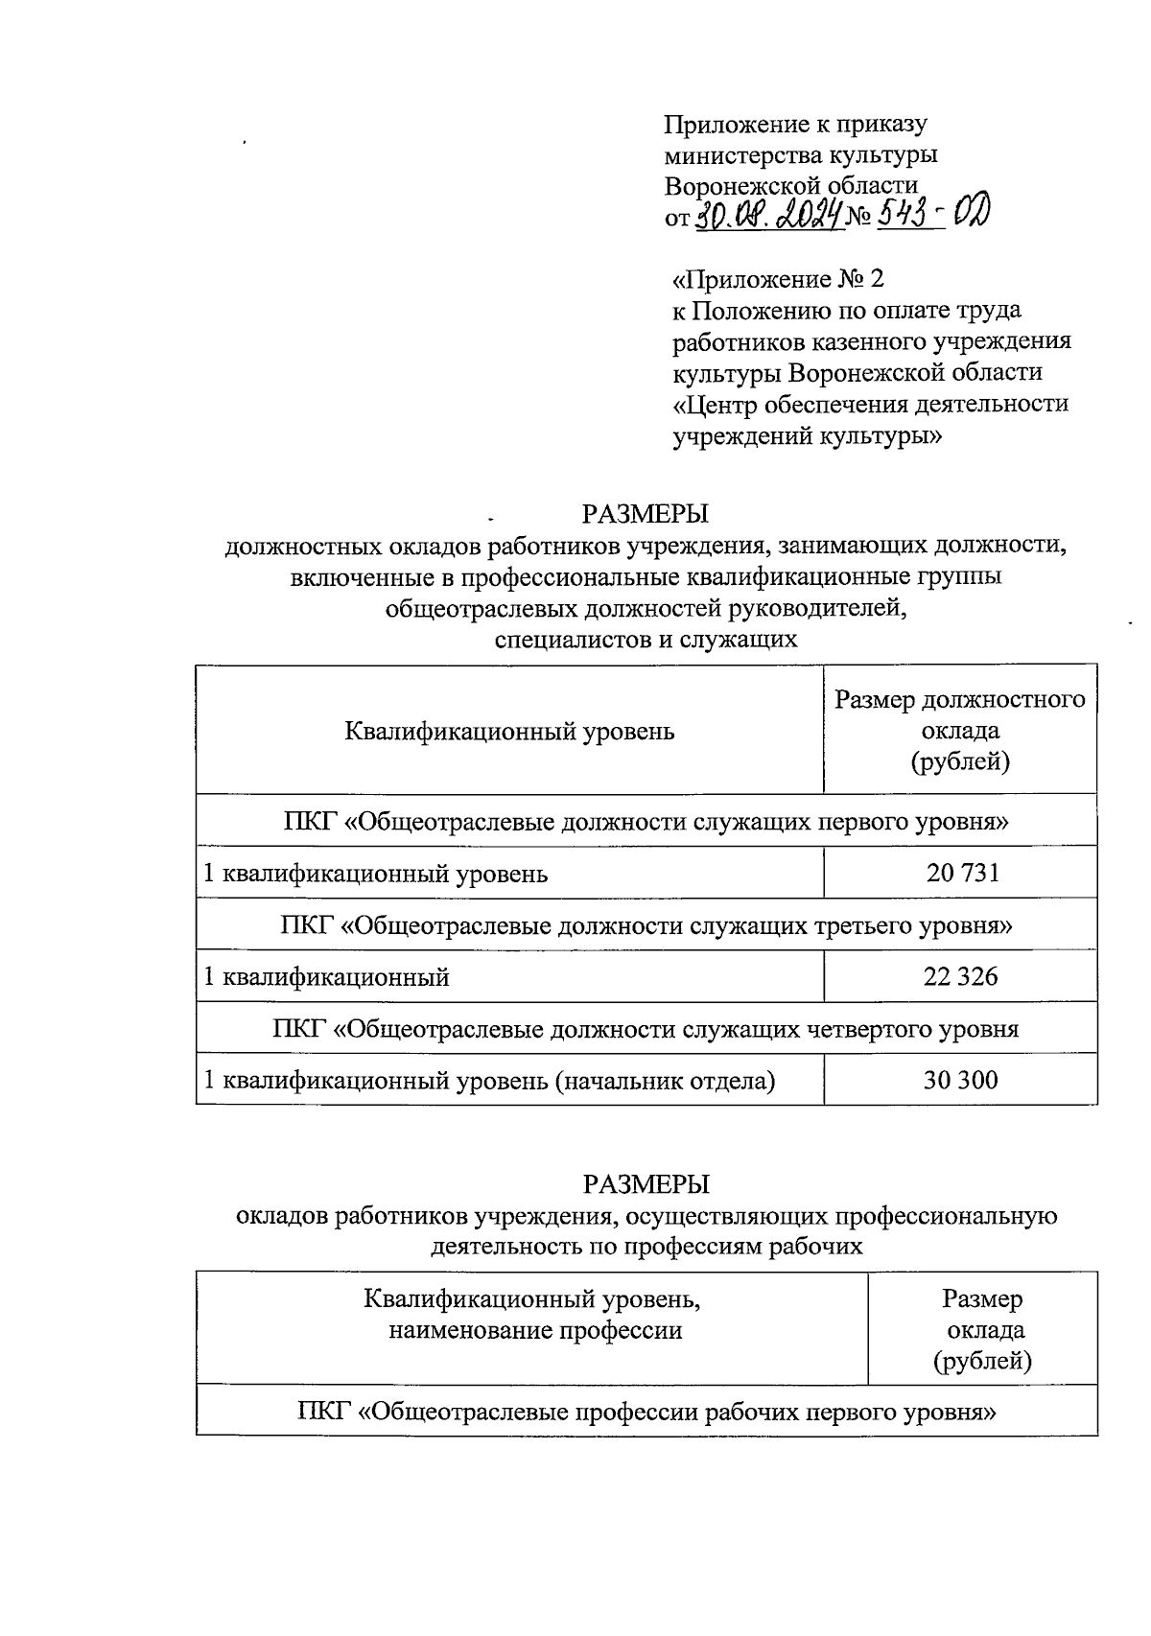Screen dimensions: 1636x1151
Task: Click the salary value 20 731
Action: point(962,873)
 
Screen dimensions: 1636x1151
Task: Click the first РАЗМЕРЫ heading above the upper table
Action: point(645,514)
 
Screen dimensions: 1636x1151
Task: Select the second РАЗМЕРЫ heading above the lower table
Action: point(645,1183)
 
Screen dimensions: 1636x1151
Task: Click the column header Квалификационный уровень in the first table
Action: point(509,732)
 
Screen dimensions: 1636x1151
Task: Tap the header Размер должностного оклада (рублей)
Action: point(960,731)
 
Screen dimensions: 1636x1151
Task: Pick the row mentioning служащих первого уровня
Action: point(646,821)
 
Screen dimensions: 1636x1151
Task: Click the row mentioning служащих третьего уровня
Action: point(646,925)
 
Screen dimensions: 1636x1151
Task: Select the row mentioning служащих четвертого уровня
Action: point(646,1029)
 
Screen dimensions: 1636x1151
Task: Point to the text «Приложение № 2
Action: point(777,280)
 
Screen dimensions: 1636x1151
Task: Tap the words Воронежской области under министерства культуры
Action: point(791,184)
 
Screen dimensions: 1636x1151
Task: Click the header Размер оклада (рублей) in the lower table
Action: point(982,1329)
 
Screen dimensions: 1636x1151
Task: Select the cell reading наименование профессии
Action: point(534,1330)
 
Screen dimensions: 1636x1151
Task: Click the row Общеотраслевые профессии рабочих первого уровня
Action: point(646,1412)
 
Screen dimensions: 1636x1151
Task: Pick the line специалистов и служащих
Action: point(646,638)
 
